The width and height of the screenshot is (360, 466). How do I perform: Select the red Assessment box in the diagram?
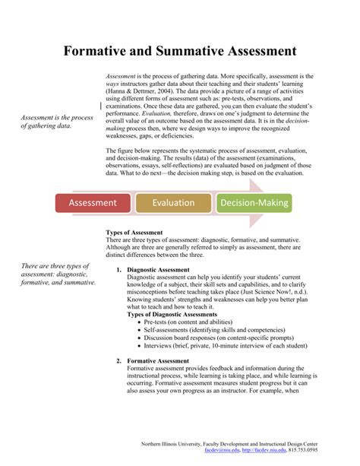(x=93, y=203)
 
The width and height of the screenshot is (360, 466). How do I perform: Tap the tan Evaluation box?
(x=173, y=203)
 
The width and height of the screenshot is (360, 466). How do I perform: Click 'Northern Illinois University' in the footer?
(x=182, y=443)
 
